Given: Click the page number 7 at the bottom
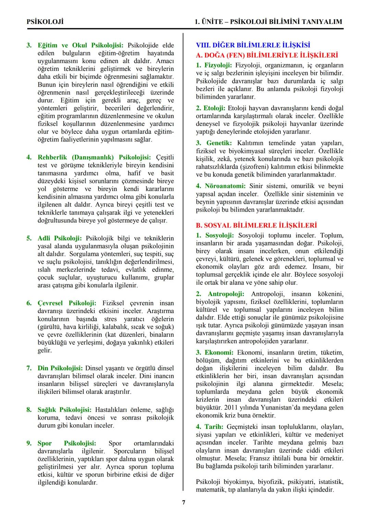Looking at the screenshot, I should (x=184, y=502).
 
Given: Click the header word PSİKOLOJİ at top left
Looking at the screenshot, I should (x=45, y=22).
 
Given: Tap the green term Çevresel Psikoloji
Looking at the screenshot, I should (x=67, y=303).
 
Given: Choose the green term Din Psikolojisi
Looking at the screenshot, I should (x=60, y=368).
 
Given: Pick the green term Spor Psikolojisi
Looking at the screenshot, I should (x=67, y=443).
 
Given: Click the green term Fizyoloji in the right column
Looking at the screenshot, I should (x=218, y=65).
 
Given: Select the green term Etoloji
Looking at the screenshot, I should (x=214, y=108).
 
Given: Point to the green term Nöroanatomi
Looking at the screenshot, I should (x=225, y=186).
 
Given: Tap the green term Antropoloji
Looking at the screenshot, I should (x=226, y=294).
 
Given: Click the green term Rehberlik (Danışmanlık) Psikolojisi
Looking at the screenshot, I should (x=94, y=157).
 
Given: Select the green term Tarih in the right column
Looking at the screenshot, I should (x=214, y=427).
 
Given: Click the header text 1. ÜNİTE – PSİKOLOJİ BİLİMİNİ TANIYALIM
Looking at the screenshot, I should (x=268, y=22).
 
